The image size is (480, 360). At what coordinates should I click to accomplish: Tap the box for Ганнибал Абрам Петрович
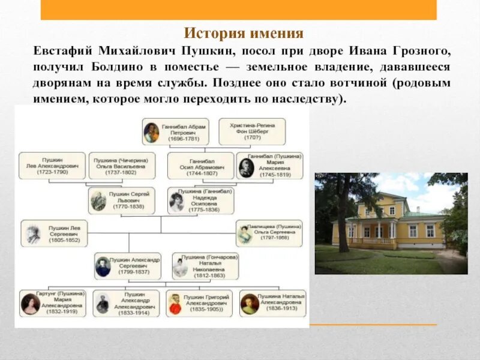[x=175, y=131]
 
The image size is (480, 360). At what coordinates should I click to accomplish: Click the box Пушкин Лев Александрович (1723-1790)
[x=52, y=166]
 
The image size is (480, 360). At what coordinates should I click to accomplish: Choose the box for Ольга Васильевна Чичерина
[x=122, y=166]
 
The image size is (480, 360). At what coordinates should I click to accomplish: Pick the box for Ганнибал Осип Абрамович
[x=200, y=166]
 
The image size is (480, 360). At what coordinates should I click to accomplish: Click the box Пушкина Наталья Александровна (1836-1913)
[x=272, y=304]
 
